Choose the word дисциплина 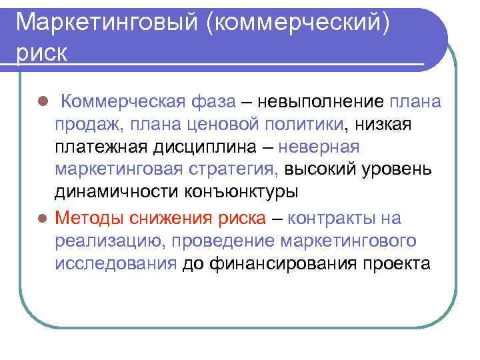(189, 147)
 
